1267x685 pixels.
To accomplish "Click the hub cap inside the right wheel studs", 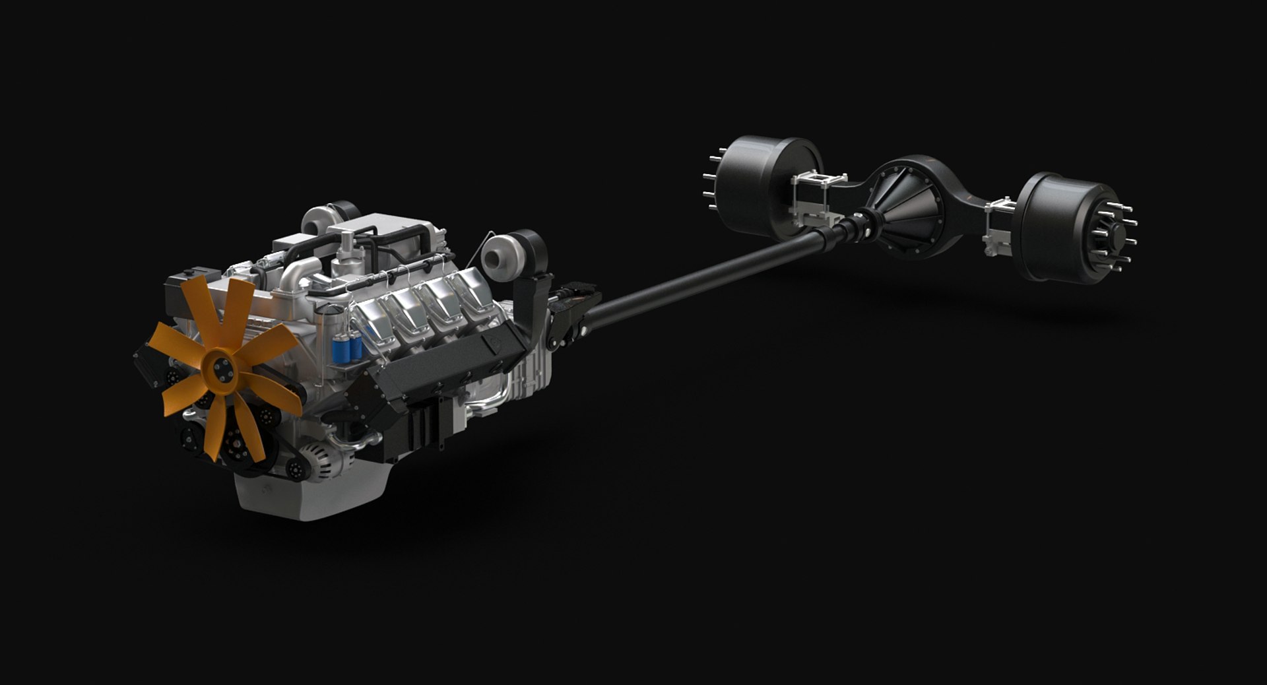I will pyautogui.click(x=1115, y=234).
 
